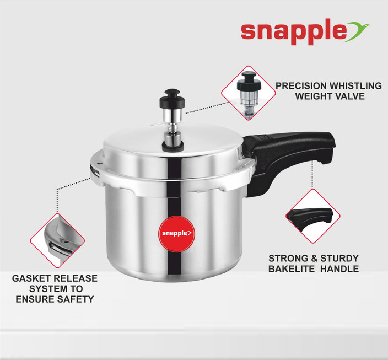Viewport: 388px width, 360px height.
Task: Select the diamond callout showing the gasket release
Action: click(x=57, y=240)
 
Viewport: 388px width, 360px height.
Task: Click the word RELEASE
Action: click(x=76, y=278)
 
